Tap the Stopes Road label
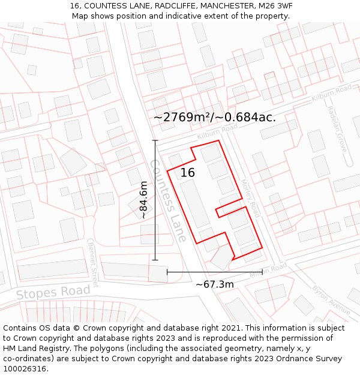click(53, 293)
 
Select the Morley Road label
click(251, 198)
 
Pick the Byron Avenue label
click(331, 300)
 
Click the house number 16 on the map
click(188, 173)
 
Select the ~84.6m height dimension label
click(143, 200)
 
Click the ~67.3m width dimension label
click(214, 284)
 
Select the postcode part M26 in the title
click(259, 6)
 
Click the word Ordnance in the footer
click(273, 359)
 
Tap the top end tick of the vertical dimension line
click(155, 140)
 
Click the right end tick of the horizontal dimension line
click(262, 272)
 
